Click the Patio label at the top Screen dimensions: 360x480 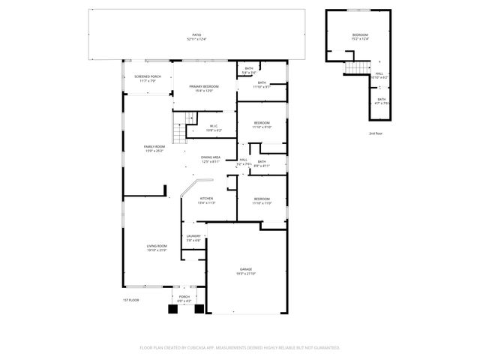(196, 36)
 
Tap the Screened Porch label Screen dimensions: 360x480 (147, 77)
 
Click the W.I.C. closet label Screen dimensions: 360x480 (214, 127)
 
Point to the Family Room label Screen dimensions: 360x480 (155, 147)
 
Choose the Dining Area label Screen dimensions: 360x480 (210, 158)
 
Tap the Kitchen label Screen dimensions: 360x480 (206, 199)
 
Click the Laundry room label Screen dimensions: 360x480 (193, 236)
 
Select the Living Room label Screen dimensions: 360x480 (156, 247)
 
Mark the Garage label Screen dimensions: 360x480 (245, 270)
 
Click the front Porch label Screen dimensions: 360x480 (184, 298)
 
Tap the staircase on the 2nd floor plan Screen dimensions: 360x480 (351, 69)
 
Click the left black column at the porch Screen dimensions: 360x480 (171, 308)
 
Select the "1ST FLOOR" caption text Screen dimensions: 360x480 (130, 300)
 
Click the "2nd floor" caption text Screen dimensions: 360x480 (375, 133)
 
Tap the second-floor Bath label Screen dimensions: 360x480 (381, 100)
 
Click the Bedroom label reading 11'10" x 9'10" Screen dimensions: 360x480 (261, 124)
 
